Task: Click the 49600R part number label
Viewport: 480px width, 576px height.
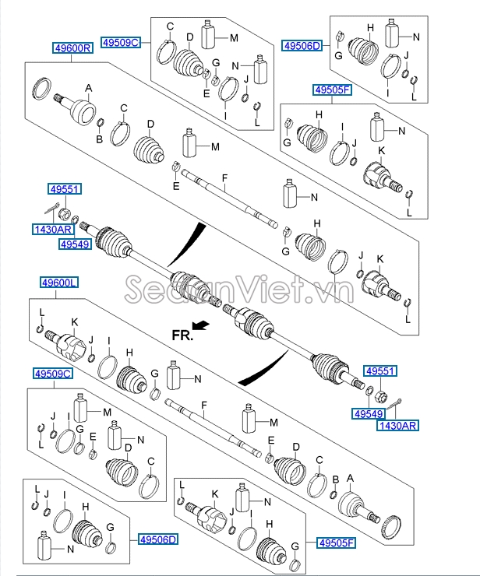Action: (x=72, y=48)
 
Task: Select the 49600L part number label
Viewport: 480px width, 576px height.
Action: (x=59, y=283)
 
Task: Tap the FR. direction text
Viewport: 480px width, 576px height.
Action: (x=182, y=335)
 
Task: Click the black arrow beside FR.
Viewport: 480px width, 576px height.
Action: (x=201, y=325)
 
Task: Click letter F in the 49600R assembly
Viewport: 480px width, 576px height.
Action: (x=224, y=178)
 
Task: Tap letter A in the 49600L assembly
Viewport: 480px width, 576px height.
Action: (x=350, y=478)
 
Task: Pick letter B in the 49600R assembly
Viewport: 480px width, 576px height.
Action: (x=99, y=139)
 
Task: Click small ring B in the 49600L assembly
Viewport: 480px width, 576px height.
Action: (x=334, y=494)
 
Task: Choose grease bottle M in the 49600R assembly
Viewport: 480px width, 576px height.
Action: (x=190, y=143)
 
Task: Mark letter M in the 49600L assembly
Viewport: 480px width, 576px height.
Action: (x=274, y=423)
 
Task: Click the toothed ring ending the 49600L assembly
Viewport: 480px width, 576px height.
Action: (x=392, y=529)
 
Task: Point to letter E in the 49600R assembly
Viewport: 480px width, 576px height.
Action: (x=176, y=186)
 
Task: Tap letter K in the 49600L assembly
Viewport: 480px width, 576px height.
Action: (x=75, y=322)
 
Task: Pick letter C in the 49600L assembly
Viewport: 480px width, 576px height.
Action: (x=319, y=460)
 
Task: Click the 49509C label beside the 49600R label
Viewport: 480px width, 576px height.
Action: (x=121, y=43)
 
